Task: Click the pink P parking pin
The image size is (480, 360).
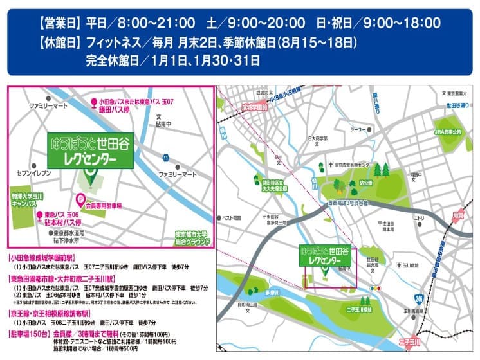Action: coord(81,199)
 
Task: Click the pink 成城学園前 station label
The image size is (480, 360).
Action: coord(253,109)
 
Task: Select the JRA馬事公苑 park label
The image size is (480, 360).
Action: coord(448,131)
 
